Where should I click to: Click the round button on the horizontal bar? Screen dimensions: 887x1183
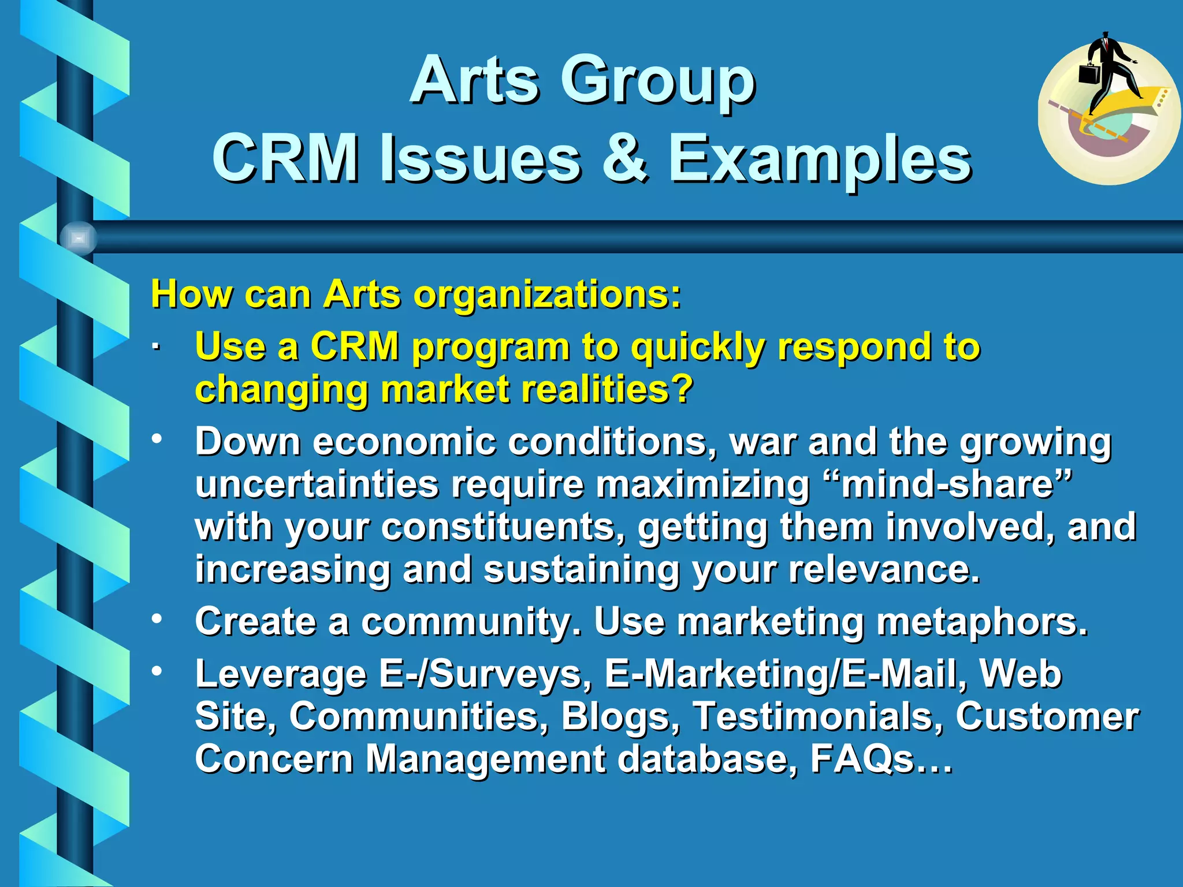point(79,238)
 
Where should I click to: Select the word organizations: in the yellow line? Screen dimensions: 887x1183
point(548,294)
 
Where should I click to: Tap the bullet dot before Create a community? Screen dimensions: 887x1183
point(157,618)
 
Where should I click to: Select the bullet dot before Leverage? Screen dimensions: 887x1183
point(157,671)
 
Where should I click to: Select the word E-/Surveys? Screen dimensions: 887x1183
point(485,674)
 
